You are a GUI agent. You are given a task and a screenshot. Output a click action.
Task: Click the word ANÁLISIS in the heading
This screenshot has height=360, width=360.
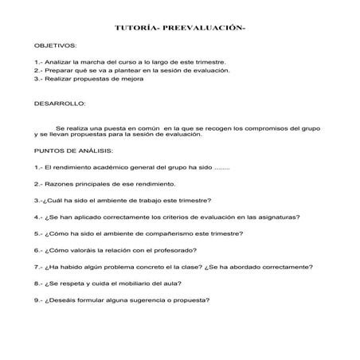tap(96, 151)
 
